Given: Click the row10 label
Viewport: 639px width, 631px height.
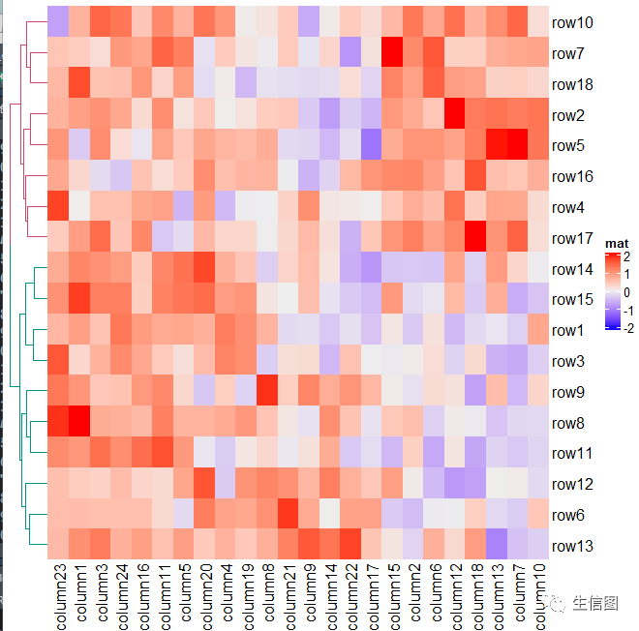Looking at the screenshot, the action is coord(572,23).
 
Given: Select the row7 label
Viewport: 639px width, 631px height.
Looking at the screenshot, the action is coord(567,54).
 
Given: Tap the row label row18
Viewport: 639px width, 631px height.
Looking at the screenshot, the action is coord(572,85).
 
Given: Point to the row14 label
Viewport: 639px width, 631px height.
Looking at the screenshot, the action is coord(572,269).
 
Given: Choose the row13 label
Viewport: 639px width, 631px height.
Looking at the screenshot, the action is coord(572,546).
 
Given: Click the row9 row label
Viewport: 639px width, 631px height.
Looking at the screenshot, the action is coord(567,392).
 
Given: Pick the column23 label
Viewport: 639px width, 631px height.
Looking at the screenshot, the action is coord(60,597).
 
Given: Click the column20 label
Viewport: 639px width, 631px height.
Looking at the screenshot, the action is coord(206,597).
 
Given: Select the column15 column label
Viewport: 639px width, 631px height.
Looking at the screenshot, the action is coord(394,597).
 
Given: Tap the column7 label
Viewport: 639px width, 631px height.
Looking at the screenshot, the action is coord(519,592).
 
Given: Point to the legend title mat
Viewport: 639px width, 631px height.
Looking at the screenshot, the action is coord(617,244).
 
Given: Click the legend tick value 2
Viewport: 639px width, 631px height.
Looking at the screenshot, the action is coord(626,256).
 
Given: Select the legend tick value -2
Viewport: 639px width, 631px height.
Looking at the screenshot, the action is coord(628,328).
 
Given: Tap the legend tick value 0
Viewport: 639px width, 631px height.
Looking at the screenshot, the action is coord(626,292).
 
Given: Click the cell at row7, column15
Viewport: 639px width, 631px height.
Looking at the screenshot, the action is coord(392,51).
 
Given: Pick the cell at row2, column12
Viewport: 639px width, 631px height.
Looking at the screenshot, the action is coord(455,113).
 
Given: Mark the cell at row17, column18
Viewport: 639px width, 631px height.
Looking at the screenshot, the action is coord(475,236).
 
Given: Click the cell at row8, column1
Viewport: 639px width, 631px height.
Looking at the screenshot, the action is coord(79,421).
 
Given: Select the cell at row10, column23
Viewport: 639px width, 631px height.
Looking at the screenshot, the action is coord(58,21).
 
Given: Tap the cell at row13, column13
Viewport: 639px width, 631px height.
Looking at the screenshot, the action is coord(497,544).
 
